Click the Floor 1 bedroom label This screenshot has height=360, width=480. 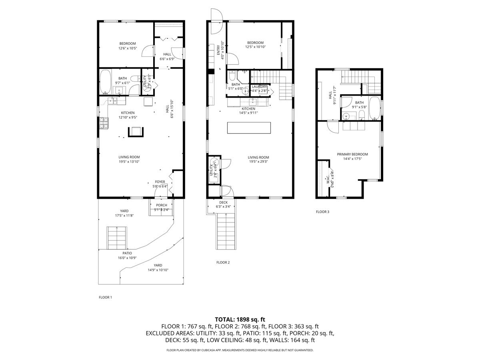(127, 44)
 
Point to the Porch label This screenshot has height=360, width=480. (162, 205)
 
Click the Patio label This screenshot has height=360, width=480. (127, 253)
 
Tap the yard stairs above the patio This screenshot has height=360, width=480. (116, 237)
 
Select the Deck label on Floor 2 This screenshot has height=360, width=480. (223, 202)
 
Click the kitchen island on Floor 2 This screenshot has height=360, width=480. (249, 128)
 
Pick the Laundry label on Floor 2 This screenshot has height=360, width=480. (259, 87)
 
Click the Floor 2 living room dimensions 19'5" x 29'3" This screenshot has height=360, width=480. (258, 162)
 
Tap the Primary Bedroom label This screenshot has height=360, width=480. (352, 154)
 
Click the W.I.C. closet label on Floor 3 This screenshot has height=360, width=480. (327, 177)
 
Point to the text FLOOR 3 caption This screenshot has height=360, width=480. (322, 212)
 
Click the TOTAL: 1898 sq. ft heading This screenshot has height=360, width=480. (240, 319)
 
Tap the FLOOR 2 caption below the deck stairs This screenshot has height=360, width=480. (223, 262)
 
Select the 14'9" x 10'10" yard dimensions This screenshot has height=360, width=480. (158, 270)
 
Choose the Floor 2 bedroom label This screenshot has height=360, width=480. (255, 43)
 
